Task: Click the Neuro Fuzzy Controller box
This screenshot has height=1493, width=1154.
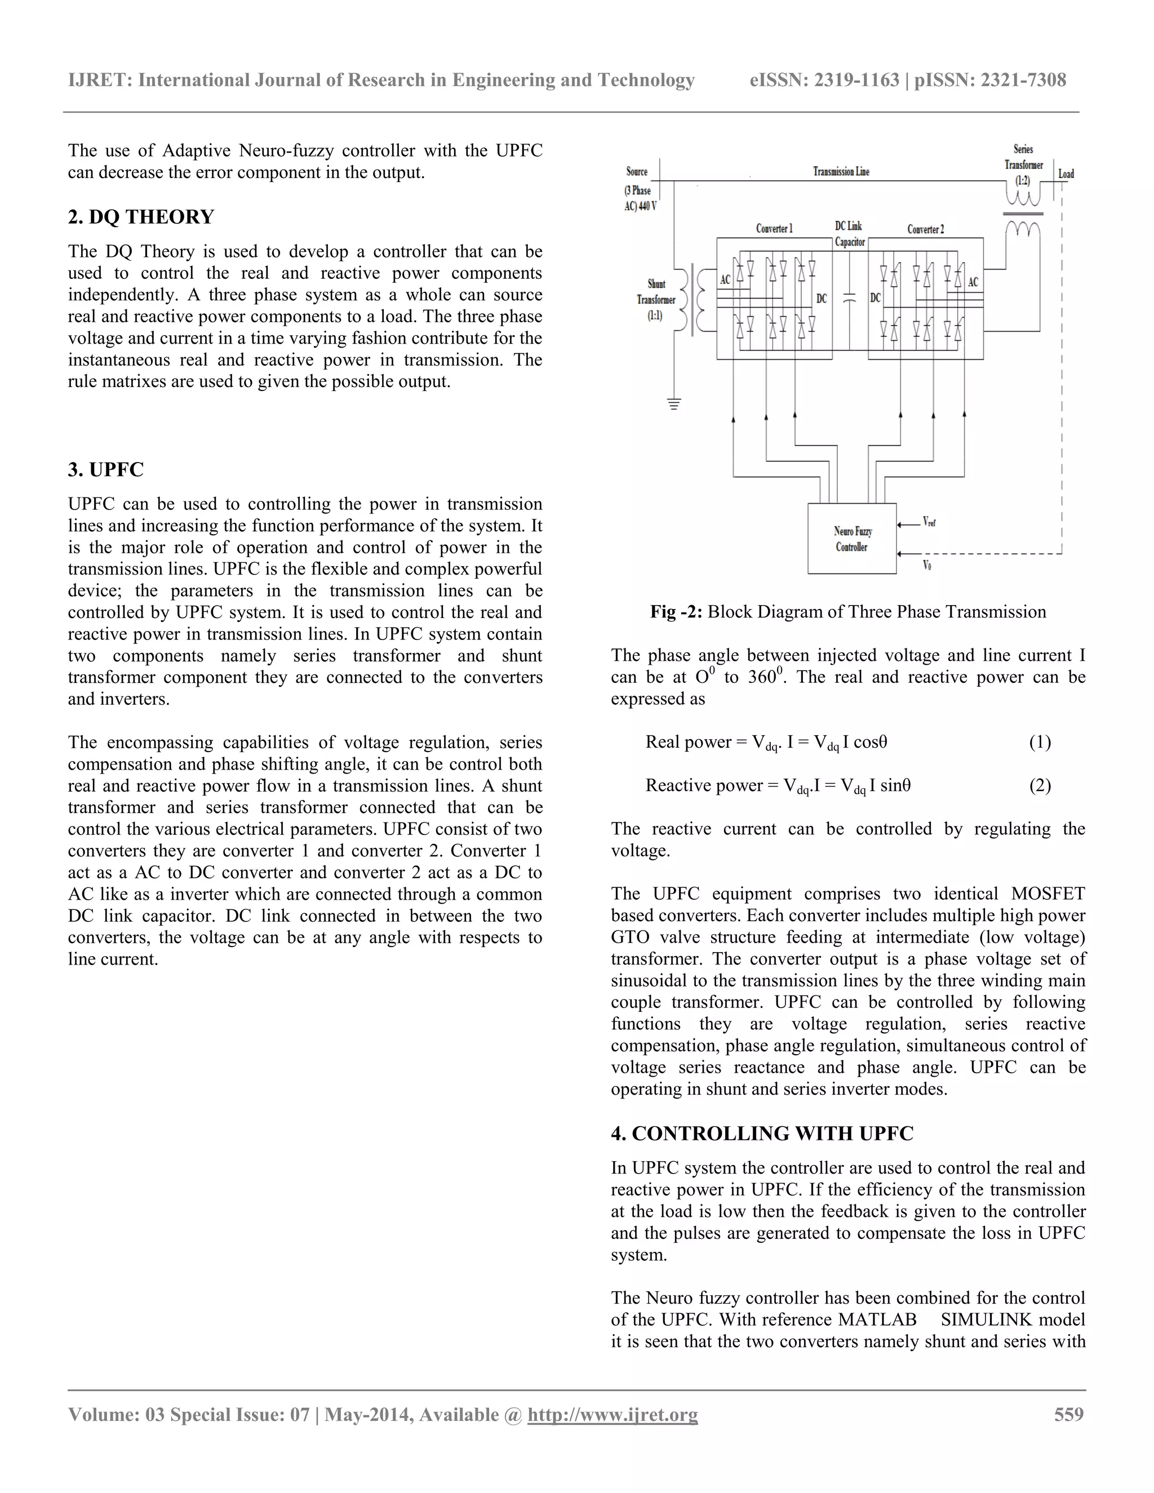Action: (x=852, y=539)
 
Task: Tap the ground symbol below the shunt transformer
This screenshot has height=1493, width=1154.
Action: (x=674, y=404)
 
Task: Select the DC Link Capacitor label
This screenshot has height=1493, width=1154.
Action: (x=850, y=234)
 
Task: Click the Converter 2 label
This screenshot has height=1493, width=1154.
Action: (x=926, y=229)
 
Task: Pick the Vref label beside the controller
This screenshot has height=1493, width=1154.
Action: (x=929, y=522)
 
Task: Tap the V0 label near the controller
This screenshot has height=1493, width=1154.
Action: (x=927, y=565)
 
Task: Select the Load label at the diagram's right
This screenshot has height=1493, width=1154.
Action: (x=1066, y=174)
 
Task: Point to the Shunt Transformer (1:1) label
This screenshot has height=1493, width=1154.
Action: (x=656, y=300)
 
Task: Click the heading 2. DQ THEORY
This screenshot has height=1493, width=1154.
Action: (x=141, y=217)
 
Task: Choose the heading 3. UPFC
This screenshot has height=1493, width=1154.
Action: (x=106, y=470)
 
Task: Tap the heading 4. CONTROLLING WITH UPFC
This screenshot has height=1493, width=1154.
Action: (x=762, y=1134)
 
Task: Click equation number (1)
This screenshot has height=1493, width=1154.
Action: (x=1040, y=742)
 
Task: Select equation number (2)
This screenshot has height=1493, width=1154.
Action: (x=1040, y=785)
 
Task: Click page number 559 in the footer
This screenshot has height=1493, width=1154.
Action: (x=1068, y=1414)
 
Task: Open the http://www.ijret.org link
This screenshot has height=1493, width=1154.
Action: (x=612, y=1414)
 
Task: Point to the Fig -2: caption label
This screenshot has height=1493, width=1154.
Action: (x=676, y=611)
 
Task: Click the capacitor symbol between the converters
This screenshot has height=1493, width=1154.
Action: (x=850, y=298)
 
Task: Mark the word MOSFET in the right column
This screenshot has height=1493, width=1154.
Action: (x=1048, y=894)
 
